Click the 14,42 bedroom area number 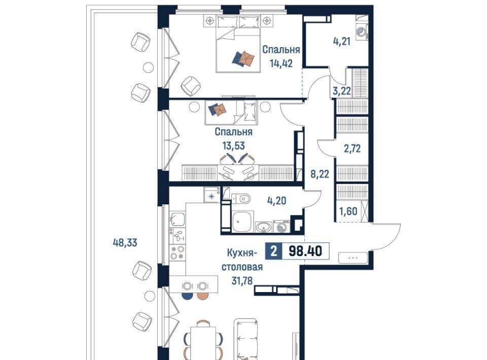[x=281, y=63]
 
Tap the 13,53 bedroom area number [x=233, y=145]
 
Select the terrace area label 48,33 [x=125, y=242]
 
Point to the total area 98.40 [x=305, y=251]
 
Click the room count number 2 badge [x=273, y=251]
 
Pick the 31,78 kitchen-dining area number [x=242, y=280]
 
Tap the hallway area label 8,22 [x=320, y=174]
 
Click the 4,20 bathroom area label [x=276, y=201]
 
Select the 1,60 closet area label [x=348, y=211]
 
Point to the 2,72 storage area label [x=352, y=149]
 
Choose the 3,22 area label [x=341, y=91]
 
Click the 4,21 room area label [x=341, y=41]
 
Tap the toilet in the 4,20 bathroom [x=241, y=198]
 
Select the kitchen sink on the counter [x=178, y=220]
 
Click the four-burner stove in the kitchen [x=178, y=252]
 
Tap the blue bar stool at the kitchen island [x=187, y=297]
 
